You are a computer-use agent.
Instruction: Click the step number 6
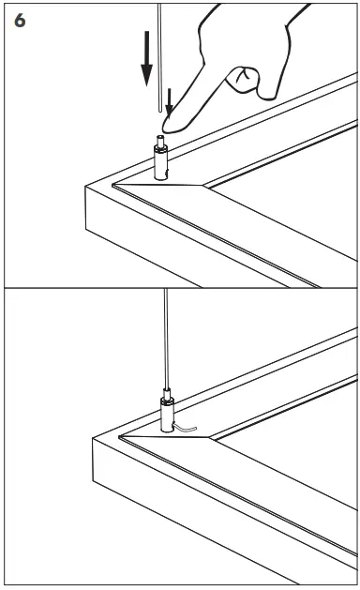click(x=20, y=21)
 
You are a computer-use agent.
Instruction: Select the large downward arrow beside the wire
click(x=146, y=58)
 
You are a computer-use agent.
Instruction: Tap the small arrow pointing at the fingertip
click(x=170, y=101)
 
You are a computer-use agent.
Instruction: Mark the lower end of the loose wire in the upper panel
click(x=160, y=112)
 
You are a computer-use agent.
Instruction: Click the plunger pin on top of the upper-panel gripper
click(x=160, y=141)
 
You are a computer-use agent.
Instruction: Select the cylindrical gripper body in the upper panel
click(x=161, y=163)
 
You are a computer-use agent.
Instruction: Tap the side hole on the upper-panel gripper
click(x=167, y=173)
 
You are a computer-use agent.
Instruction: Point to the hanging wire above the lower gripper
click(x=166, y=339)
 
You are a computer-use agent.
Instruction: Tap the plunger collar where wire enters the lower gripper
click(x=167, y=394)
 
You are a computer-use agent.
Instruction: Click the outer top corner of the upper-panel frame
click(x=85, y=187)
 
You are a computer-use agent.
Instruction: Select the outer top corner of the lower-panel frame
click(x=93, y=439)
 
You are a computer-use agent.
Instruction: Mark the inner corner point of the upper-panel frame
click(x=203, y=185)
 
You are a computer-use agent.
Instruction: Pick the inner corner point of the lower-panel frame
click(x=209, y=437)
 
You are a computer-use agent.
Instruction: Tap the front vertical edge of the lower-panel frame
click(x=93, y=460)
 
